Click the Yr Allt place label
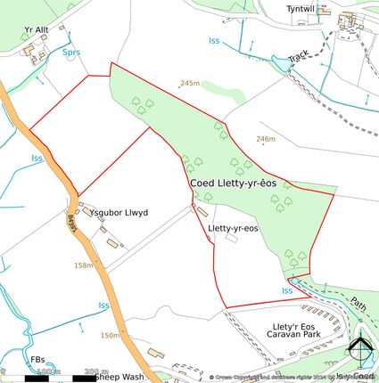pos(37,28)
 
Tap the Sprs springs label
pos(71,53)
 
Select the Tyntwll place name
pos(301,9)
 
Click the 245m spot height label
pos(189,83)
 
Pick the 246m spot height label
pos(265,139)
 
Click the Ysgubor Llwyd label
pos(117,213)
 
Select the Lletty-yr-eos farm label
pos(233,229)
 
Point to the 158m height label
pos(84,265)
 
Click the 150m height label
pos(110,335)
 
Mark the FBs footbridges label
pos(38,360)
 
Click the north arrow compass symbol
pos(360,352)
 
